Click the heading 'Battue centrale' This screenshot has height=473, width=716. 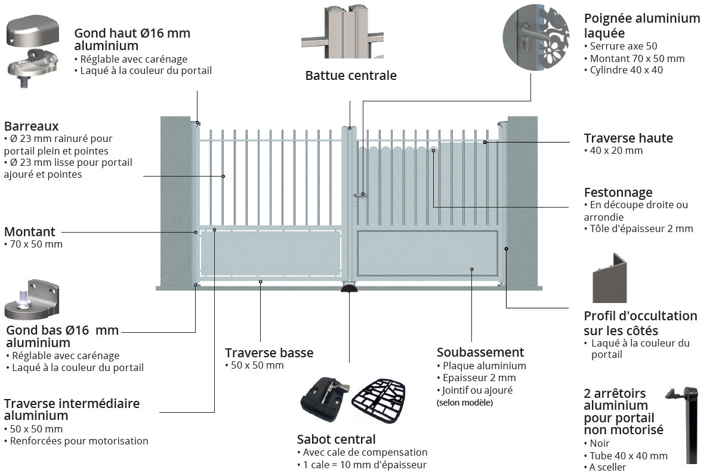click(x=351, y=76)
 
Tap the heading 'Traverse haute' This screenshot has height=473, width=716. click(x=628, y=138)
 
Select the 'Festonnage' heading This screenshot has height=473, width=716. click(x=618, y=193)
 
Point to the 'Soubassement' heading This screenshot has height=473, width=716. click(x=480, y=353)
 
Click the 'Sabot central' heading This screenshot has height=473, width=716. click(x=337, y=440)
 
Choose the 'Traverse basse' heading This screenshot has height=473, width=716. click(x=269, y=353)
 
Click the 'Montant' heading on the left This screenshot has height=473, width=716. click(x=30, y=232)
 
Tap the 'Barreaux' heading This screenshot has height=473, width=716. click(x=32, y=126)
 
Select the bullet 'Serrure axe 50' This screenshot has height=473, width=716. click(x=624, y=46)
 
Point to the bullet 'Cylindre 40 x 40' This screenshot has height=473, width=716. click(x=626, y=70)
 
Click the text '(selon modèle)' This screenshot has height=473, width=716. click(x=465, y=403)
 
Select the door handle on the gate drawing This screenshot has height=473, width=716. click(x=359, y=194)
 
